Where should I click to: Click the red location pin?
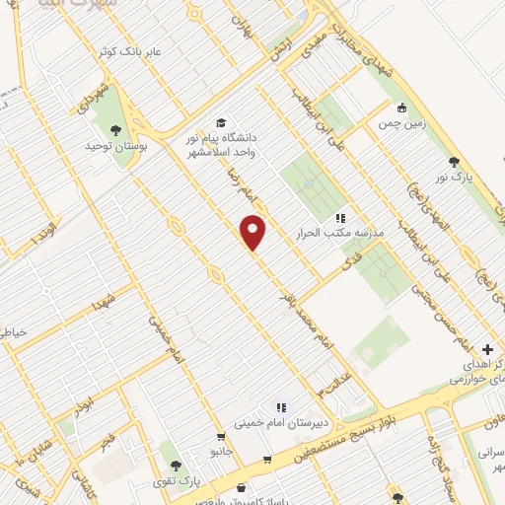point(253,232)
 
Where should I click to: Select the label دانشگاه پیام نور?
point(229,137)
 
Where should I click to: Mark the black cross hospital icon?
point(488,349)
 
